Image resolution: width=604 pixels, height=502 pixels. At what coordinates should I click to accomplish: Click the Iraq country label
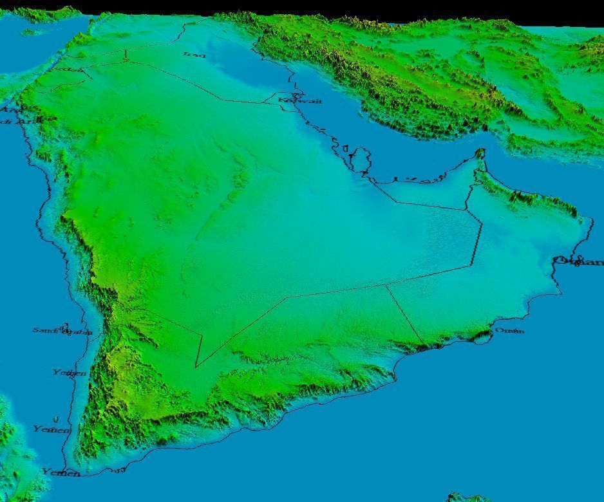194,55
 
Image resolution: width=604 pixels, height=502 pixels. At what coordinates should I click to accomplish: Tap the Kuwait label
300,100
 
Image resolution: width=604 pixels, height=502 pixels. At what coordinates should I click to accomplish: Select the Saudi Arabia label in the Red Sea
62,331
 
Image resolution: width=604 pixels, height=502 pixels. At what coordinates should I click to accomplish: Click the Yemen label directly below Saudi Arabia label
69,373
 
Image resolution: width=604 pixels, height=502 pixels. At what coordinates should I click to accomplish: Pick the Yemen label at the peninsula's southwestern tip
61,472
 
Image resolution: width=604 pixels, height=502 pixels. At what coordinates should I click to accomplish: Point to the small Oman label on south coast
509,331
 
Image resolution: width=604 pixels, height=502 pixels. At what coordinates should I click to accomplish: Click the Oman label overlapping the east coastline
578,261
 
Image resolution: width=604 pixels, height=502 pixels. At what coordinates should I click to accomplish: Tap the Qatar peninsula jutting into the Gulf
363,158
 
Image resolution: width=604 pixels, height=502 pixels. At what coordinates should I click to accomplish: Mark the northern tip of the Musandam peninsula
480,152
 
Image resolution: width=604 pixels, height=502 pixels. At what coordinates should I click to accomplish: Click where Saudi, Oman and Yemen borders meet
386,286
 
